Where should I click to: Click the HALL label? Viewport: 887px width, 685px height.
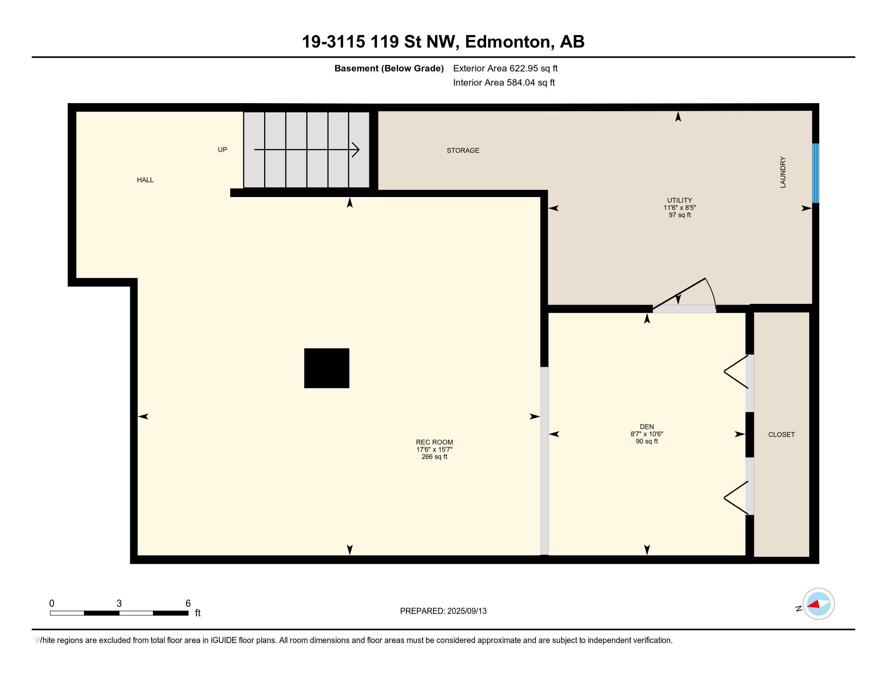pyautogui.click(x=145, y=180)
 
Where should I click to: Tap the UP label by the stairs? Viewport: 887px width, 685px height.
pyautogui.click(x=222, y=150)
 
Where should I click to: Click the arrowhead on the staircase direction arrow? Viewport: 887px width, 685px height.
pyautogui.click(x=355, y=150)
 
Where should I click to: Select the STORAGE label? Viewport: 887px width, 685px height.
pyautogui.click(x=463, y=151)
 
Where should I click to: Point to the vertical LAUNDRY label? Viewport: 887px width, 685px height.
pyautogui.click(x=783, y=172)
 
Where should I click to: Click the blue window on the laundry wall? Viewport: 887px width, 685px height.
pyautogui.click(x=816, y=173)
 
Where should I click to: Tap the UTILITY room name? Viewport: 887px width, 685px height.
pyautogui.click(x=679, y=200)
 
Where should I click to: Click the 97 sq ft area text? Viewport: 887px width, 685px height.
pyautogui.click(x=679, y=215)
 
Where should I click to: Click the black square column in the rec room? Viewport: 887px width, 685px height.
pyautogui.click(x=327, y=368)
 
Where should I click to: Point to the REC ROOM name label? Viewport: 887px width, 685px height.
pyautogui.click(x=434, y=442)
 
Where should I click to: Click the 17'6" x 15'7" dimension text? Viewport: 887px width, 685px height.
pyautogui.click(x=434, y=449)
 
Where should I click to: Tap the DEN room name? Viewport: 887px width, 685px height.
pyautogui.click(x=647, y=426)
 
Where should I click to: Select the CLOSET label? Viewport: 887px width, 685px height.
pyautogui.click(x=781, y=435)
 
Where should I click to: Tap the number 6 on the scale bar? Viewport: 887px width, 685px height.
pyautogui.click(x=188, y=604)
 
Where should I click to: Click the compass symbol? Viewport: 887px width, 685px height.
pyautogui.click(x=818, y=604)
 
